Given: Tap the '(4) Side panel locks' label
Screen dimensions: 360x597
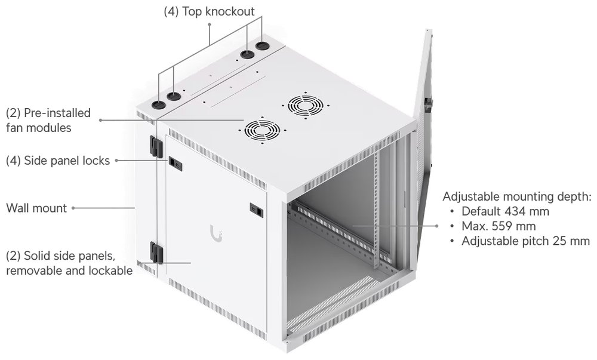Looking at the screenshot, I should point(58,161).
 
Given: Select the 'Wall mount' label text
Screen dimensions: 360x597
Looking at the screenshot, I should point(36,208).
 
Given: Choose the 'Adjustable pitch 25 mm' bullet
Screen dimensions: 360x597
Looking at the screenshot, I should point(525,241).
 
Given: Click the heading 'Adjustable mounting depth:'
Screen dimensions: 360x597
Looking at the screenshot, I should point(517,196).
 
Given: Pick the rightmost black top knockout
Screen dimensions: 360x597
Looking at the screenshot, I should point(261,46).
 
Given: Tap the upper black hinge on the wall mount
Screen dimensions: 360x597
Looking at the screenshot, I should point(155,144).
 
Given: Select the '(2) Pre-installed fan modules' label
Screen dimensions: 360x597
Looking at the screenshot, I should point(48,119).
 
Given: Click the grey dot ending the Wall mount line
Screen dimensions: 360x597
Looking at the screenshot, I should point(73,208).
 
